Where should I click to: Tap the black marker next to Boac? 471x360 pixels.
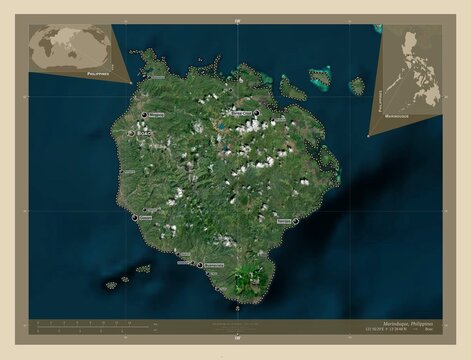click(132, 134)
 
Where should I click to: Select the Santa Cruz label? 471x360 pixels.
click(240, 113)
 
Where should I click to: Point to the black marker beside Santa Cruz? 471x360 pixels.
click(256, 113)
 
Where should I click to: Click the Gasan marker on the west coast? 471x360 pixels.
click(135, 216)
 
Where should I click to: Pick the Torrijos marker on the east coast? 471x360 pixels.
click(296, 221)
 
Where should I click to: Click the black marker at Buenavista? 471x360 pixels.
click(200, 265)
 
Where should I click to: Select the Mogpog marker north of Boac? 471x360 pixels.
click(144, 116)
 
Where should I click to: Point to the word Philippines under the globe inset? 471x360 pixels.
click(98, 74)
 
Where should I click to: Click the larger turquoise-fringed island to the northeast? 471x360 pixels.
click(319, 77)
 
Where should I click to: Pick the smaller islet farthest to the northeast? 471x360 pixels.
click(357, 86)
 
